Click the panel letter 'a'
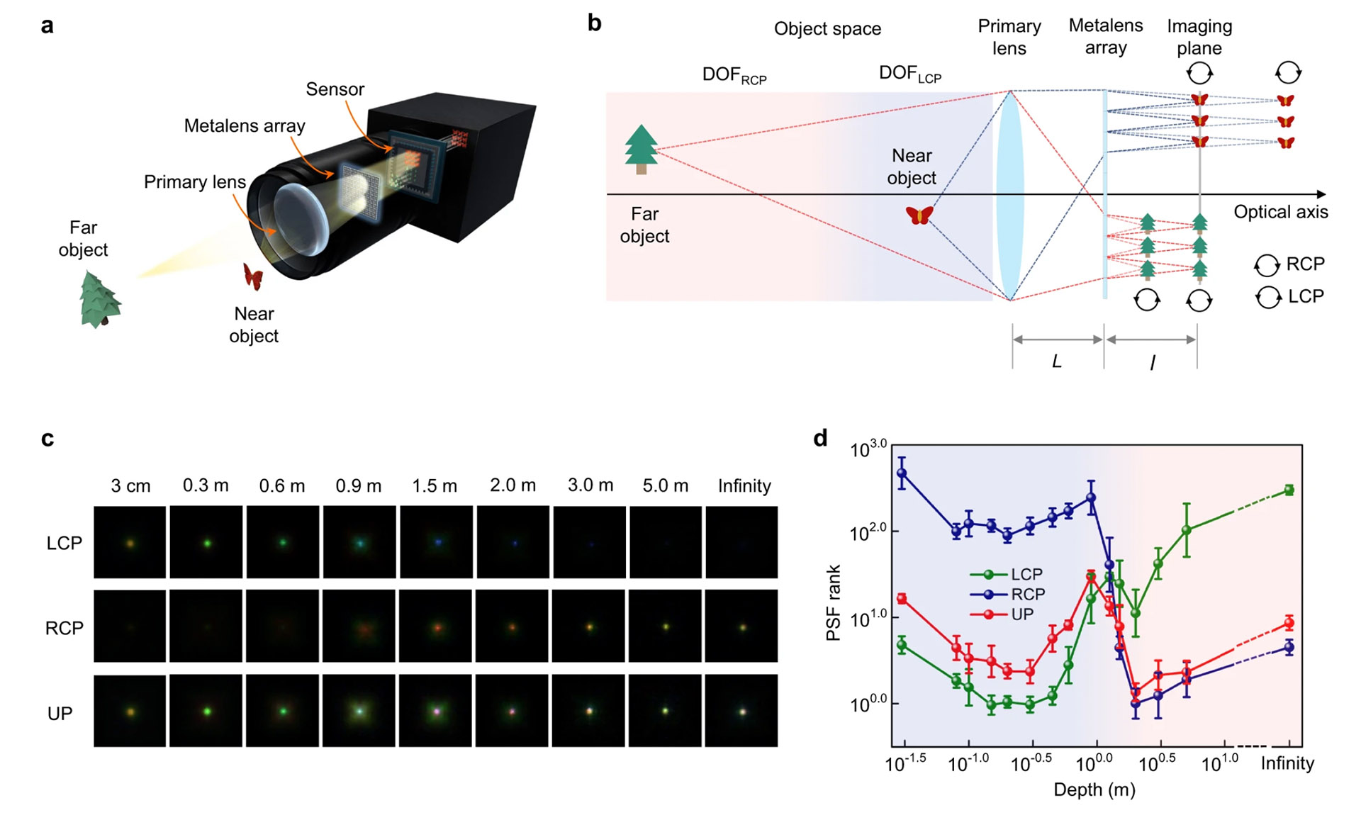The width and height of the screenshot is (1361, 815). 47,27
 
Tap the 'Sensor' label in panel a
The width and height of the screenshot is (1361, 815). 335,89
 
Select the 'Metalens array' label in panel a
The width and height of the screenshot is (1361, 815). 245,126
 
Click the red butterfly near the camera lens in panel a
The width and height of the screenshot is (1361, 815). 253,276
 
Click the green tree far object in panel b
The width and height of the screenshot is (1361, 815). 641,149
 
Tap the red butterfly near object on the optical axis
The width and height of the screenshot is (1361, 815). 919,215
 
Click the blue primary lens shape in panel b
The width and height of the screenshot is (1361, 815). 1009,195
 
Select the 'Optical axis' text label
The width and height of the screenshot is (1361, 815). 1280,212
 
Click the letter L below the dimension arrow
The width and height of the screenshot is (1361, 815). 1056,362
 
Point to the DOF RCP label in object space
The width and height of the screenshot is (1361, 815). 734,75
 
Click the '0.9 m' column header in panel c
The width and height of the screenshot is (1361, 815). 358,486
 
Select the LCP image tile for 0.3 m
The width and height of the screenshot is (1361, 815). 206,542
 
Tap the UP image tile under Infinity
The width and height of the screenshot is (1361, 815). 741,711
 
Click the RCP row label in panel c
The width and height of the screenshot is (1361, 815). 65,628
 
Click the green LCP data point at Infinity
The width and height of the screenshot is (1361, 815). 1289,490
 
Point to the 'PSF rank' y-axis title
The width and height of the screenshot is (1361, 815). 834,602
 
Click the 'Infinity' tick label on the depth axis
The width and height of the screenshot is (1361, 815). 1287,763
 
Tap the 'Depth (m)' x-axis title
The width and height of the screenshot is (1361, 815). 1094,789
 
